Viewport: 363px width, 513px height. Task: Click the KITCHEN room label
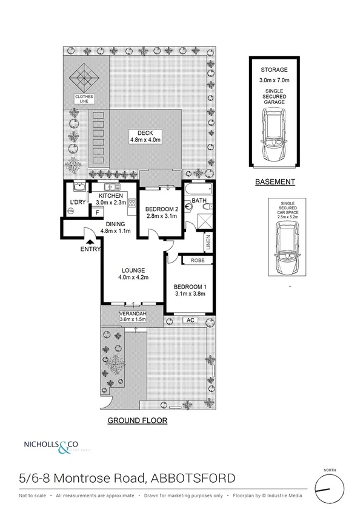pyautogui.click(x=108, y=196)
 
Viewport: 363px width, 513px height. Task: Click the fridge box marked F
pyautogui.click(x=96, y=212)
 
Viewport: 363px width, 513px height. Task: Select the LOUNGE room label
pyautogui.click(x=132, y=270)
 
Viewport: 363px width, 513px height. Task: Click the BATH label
pyautogui.click(x=199, y=200)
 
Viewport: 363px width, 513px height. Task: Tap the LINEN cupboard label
pyautogui.click(x=208, y=241)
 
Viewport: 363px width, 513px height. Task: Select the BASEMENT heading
pyautogui.click(x=275, y=181)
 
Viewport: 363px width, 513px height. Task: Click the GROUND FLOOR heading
pyautogui.click(x=137, y=420)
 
